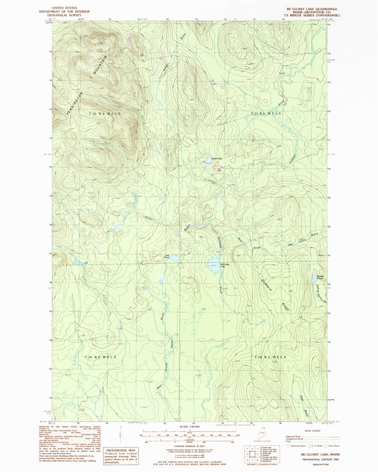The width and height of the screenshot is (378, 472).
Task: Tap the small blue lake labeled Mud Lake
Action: [208, 162]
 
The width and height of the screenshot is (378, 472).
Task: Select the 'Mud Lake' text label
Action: [209, 157]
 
